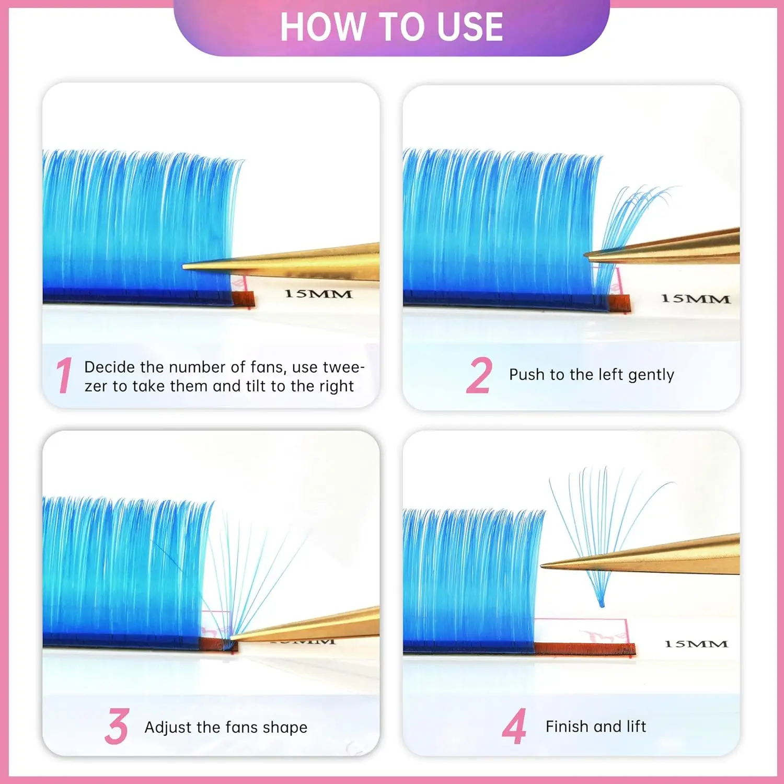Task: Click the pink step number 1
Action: click(x=64, y=375)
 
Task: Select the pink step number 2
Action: click(x=479, y=375)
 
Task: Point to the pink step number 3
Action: click(x=117, y=727)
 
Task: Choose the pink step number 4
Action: click(x=514, y=727)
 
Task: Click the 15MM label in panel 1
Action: click(x=318, y=294)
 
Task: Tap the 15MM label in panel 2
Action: click(x=695, y=299)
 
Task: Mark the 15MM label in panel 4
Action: click(x=696, y=644)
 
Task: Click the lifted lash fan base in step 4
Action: click(x=601, y=604)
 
